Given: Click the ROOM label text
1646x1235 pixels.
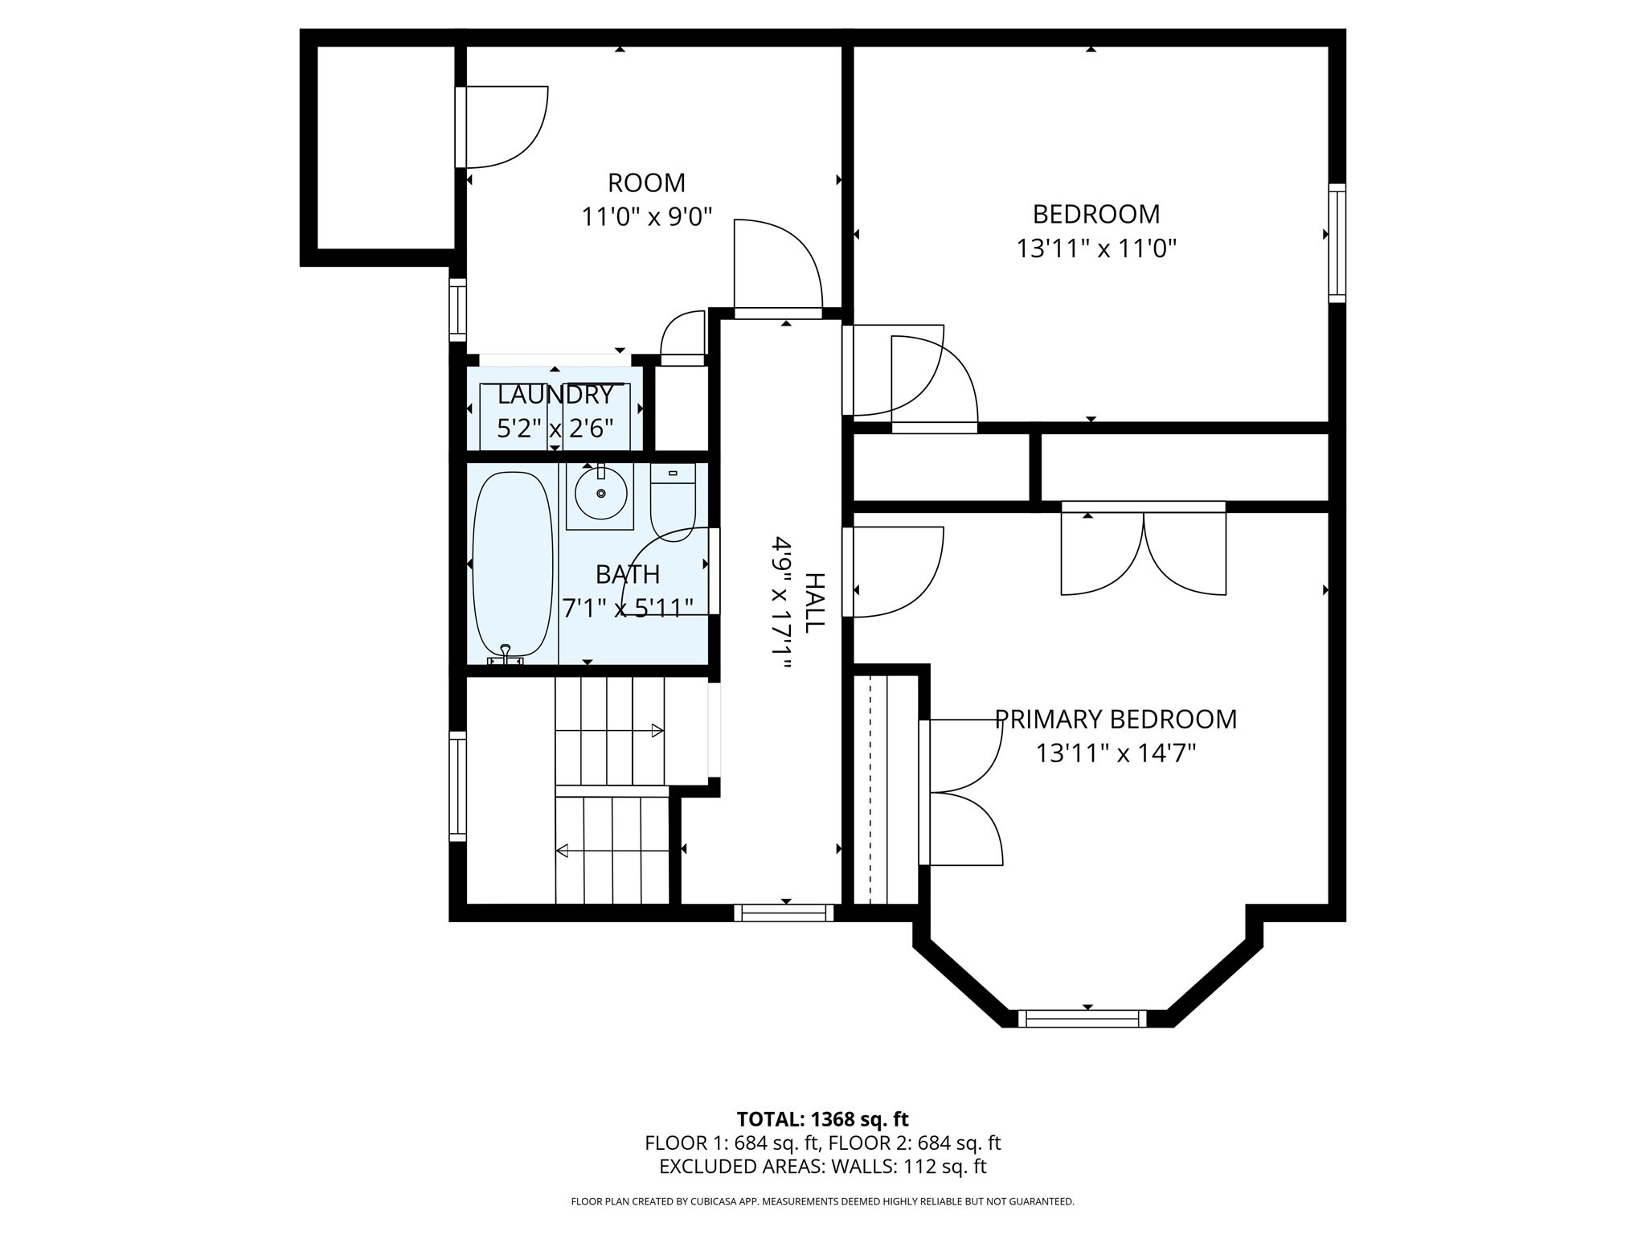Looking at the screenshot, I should point(646,183).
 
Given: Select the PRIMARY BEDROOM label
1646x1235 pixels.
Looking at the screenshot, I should point(1116,719).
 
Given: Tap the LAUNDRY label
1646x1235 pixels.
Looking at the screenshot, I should point(555,395).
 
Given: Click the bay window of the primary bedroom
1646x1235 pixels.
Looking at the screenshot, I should point(1082,1019).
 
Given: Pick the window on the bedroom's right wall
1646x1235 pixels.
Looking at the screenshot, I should point(1337,243).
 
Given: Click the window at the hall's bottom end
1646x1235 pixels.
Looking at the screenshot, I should point(784,913).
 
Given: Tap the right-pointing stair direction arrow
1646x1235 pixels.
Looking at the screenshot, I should point(657,731).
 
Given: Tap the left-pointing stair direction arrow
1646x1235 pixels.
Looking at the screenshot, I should point(563,851).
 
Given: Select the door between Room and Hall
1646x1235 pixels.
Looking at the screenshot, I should point(778,269).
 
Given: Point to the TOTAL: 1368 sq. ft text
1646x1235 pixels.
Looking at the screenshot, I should point(822,1119).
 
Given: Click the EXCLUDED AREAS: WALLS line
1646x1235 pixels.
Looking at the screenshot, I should point(822,1167).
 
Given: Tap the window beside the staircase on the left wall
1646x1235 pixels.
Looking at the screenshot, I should point(457,786).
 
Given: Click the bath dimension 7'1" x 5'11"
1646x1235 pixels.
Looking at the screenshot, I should point(627,609).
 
